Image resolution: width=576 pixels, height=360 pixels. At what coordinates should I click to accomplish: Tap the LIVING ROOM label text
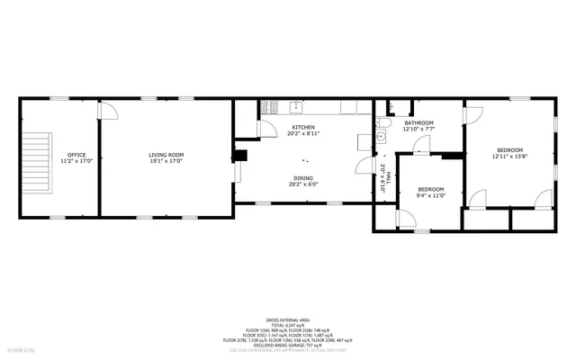pos(166,156)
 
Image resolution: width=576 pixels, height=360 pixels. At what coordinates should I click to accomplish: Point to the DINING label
pos(302,178)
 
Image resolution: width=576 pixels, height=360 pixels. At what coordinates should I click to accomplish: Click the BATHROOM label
pos(418,122)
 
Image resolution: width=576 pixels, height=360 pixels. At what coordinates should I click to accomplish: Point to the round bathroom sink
pos(381,137)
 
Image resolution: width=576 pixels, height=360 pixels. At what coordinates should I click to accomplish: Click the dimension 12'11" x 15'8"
pos(508,157)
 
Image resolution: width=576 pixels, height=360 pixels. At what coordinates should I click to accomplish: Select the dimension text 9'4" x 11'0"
pos(431,195)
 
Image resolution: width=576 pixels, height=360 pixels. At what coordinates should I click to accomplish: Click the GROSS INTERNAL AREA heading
pos(289,319)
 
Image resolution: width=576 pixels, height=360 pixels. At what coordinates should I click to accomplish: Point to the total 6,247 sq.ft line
pos(289,325)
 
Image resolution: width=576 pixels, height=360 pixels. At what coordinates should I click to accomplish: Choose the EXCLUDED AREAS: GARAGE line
pos(289,345)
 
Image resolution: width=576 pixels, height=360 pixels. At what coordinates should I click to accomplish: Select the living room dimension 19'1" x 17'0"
pos(166,162)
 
